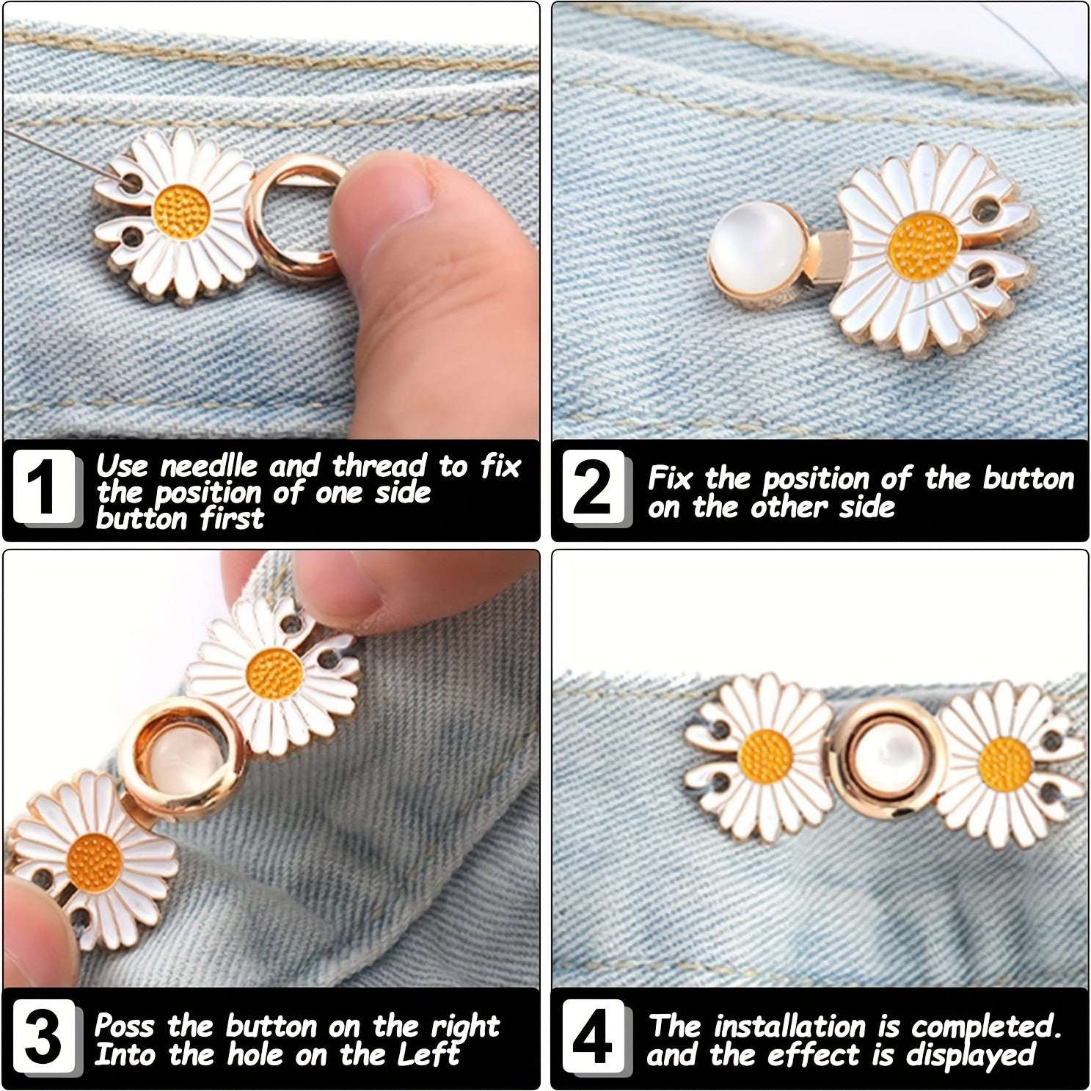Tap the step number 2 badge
(x=594, y=488)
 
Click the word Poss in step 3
(x=124, y=1026)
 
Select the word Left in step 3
(x=428, y=1054)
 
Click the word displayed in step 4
(x=970, y=1056)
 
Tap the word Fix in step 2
(x=670, y=479)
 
